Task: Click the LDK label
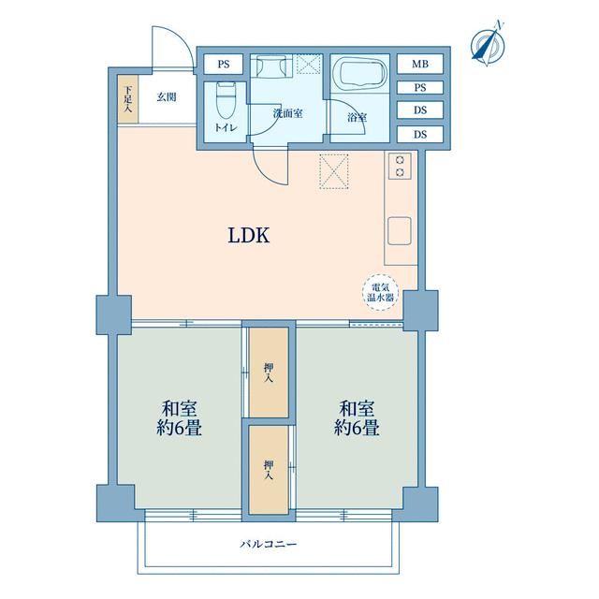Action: point(249,236)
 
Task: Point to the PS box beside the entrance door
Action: point(224,65)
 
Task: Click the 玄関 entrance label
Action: point(167,96)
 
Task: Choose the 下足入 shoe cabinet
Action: point(127,102)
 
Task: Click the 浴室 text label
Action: point(357,118)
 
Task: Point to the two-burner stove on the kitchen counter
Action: point(400,166)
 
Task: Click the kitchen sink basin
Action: point(401,228)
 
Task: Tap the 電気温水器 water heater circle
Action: point(382,291)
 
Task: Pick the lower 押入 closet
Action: point(269,469)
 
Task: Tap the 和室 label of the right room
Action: point(358,408)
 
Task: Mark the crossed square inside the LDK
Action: point(333,171)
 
